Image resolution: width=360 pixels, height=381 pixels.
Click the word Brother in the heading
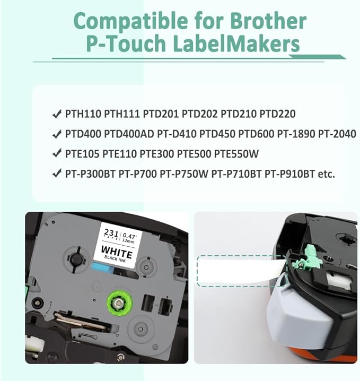coord(265,21)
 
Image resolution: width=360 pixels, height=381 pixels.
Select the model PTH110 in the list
coord(83,114)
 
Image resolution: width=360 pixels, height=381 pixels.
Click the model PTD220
coord(277,114)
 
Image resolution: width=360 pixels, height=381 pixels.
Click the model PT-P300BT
coord(90,174)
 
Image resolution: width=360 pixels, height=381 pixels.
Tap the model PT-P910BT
coord(289,174)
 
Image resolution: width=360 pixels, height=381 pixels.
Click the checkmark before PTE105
coord(57,154)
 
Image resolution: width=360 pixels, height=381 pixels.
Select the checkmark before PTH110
coord(57,114)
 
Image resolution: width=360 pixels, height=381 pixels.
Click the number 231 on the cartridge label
coord(111,233)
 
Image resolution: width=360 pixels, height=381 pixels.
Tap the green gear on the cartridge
coord(120,302)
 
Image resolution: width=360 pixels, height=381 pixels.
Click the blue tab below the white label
coord(103,270)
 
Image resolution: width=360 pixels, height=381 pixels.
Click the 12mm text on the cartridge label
coord(128,241)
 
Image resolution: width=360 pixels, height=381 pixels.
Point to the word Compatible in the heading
coord(130,21)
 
